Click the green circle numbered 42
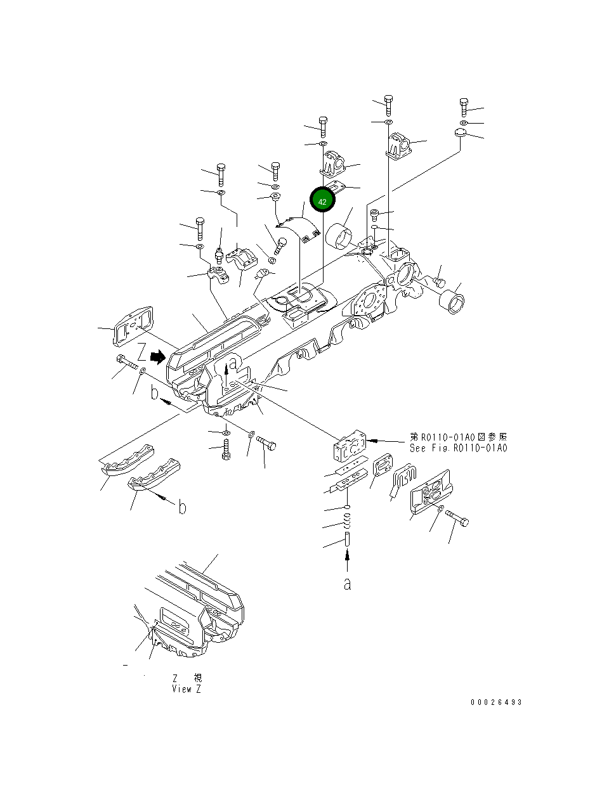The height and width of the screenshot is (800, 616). [322, 201]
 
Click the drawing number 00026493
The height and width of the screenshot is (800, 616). [496, 702]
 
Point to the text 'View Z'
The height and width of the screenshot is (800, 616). [187, 689]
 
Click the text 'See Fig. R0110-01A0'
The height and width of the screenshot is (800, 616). [458, 448]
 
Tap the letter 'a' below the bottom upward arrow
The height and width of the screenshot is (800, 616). [347, 584]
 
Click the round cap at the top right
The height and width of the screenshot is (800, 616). [460, 133]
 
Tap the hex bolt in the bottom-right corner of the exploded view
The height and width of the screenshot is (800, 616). [458, 517]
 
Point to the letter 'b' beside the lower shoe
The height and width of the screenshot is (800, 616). [182, 508]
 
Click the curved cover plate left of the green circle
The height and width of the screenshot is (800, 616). [296, 227]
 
